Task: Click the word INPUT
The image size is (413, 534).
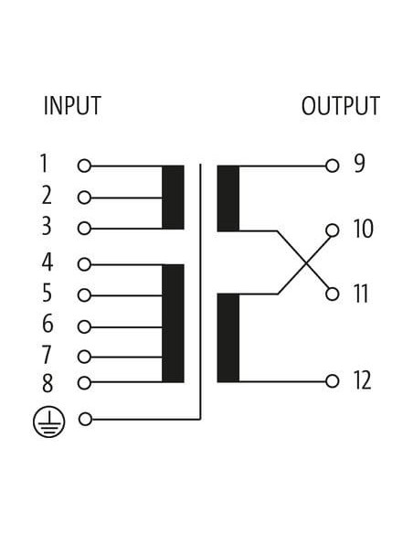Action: coord(72,105)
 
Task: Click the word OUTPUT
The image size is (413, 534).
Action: coord(341,105)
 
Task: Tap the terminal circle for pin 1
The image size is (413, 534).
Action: coord(84,166)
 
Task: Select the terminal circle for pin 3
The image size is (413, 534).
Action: coord(84,229)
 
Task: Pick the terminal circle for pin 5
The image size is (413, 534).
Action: coord(84,295)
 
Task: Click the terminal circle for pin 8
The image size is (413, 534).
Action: coord(84,383)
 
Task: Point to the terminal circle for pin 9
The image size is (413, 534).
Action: coord(332,166)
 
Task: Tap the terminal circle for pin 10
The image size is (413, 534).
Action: coord(332,230)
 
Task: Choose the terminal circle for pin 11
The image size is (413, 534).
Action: coord(332,294)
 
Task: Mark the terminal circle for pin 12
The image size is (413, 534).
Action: coord(332,381)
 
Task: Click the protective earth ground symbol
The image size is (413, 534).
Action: coord(48,422)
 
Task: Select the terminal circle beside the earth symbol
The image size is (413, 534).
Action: coord(85,419)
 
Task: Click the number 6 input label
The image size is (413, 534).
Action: coord(48,324)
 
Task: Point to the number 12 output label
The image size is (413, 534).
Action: coord(362,380)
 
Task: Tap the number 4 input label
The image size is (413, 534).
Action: coord(48,262)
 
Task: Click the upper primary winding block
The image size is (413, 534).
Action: coord(173,198)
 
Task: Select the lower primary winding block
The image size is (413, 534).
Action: coord(173,323)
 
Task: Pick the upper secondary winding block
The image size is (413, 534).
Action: coord(228,198)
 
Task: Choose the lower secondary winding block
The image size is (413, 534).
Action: coord(228,337)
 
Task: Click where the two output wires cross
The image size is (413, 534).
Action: coord(305,263)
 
